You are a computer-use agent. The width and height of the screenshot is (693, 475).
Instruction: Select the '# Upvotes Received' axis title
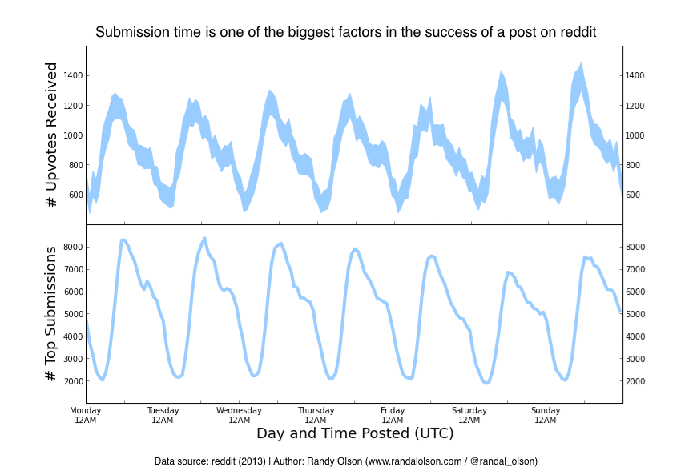tap(52, 136)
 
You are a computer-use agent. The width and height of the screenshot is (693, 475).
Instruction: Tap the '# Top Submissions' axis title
tap(52, 313)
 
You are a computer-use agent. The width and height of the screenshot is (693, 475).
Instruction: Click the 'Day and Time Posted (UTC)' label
tap(355, 433)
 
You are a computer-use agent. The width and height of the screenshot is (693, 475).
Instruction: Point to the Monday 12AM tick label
tap(86, 415)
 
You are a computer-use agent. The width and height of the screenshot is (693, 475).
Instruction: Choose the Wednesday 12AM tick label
tap(239, 415)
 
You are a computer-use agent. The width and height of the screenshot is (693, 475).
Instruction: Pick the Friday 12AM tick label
tap(393, 415)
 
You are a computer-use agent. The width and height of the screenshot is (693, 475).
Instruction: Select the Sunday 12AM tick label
tap(546, 415)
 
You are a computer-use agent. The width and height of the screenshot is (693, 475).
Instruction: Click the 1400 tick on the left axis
tap(73, 76)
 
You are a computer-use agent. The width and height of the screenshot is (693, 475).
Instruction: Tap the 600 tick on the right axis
tap(634, 195)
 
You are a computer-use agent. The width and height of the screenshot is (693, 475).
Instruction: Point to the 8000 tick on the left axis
tap(73, 247)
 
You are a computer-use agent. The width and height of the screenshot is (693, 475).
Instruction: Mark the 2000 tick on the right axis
tap(637, 381)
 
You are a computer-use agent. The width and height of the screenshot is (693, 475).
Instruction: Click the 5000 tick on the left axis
tap(73, 314)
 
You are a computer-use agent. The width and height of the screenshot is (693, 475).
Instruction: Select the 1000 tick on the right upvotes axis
tap(637, 135)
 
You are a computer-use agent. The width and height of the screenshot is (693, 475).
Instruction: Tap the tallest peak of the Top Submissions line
tap(204, 238)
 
